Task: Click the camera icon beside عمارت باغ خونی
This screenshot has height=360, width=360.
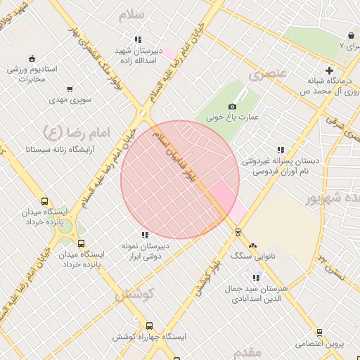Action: pos(232,107)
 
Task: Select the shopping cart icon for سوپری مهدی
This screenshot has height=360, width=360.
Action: pos(69,89)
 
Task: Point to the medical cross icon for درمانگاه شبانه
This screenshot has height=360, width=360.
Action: pos(328,70)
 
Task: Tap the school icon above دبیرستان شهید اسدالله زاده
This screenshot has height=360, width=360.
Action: pos(139,40)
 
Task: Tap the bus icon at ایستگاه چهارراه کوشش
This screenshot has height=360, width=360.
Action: pos(149,326)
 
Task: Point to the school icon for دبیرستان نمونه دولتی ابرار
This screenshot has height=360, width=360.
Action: pos(145,235)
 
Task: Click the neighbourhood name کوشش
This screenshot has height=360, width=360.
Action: pos(134,295)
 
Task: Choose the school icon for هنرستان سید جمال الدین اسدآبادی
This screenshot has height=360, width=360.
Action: pos(256,278)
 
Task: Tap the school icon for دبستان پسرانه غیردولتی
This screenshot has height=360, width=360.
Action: pos(281,150)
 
